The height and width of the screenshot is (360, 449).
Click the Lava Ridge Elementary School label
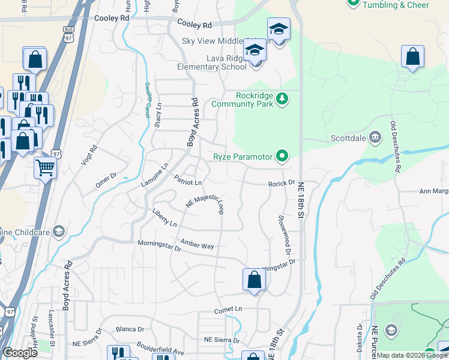click(x=211, y=62)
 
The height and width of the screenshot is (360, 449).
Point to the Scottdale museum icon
click(x=376, y=137)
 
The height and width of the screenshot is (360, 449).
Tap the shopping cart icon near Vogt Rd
click(x=45, y=168)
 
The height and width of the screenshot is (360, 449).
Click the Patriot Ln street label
click(x=188, y=181)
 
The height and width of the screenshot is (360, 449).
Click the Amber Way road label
click(x=197, y=245)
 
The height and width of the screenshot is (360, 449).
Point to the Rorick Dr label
click(x=282, y=183)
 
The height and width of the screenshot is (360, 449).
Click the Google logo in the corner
click(x=20, y=353)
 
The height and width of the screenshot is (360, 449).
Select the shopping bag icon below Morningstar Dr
click(x=254, y=280)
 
